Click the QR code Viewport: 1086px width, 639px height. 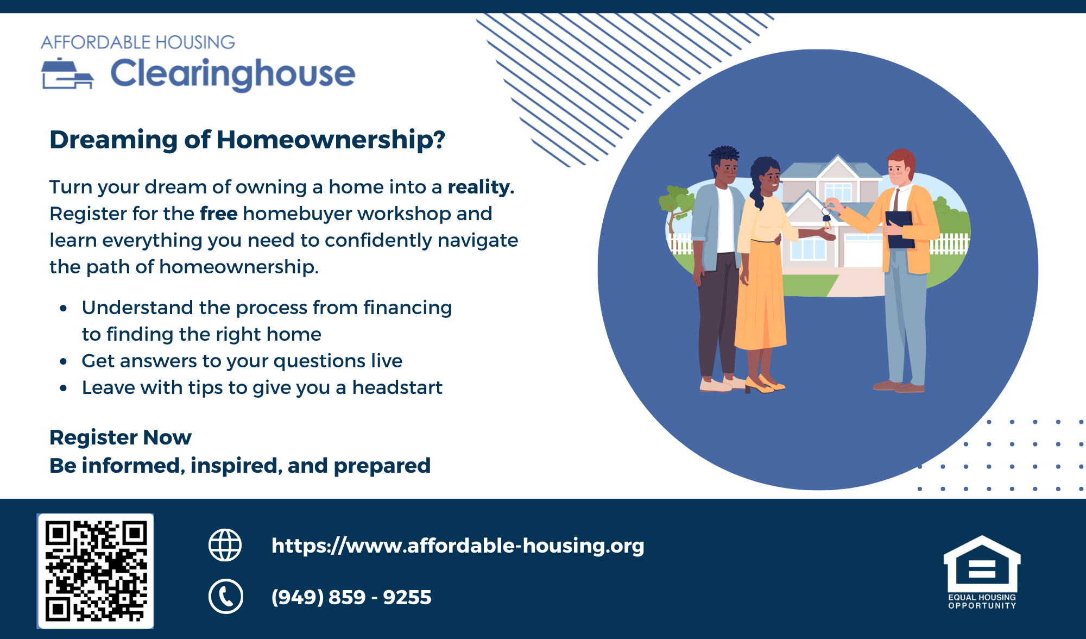[x=96, y=571]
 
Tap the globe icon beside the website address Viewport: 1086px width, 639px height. [x=225, y=545]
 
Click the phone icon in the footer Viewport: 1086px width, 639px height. [x=225, y=597]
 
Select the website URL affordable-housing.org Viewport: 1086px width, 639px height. [x=458, y=546]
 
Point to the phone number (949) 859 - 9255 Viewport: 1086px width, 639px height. [x=351, y=597]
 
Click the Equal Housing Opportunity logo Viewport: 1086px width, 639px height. [x=982, y=572]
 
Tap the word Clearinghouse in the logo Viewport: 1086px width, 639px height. [x=233, y=74]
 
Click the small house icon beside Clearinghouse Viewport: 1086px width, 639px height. [x=67, y=73]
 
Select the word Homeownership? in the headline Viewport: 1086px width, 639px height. [x=331, y=140]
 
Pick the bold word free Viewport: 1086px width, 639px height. [x=218, y=214]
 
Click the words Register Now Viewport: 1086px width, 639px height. [x=121, y=437]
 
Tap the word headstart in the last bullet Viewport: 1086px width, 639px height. [x=397, y=387]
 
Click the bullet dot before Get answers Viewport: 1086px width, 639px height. [x=64, y=361]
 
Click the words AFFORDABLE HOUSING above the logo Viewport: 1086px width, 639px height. [x=138, y=42]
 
